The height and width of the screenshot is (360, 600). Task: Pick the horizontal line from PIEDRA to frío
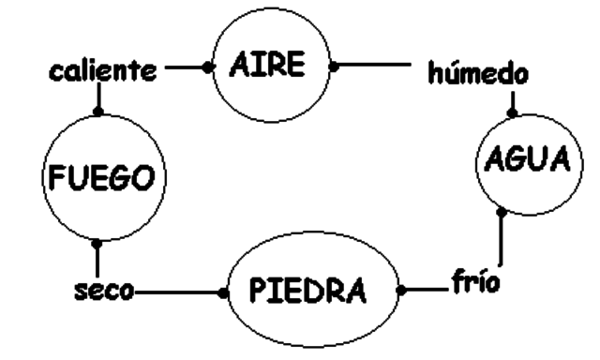(427, 289)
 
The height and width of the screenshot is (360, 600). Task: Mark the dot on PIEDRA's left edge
(222, 292)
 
